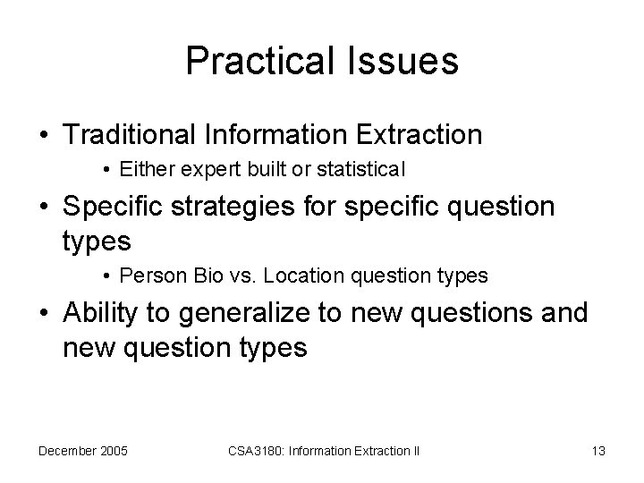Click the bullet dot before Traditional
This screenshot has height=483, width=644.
(43, 136)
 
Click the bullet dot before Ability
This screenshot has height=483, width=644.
(43, 315)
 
